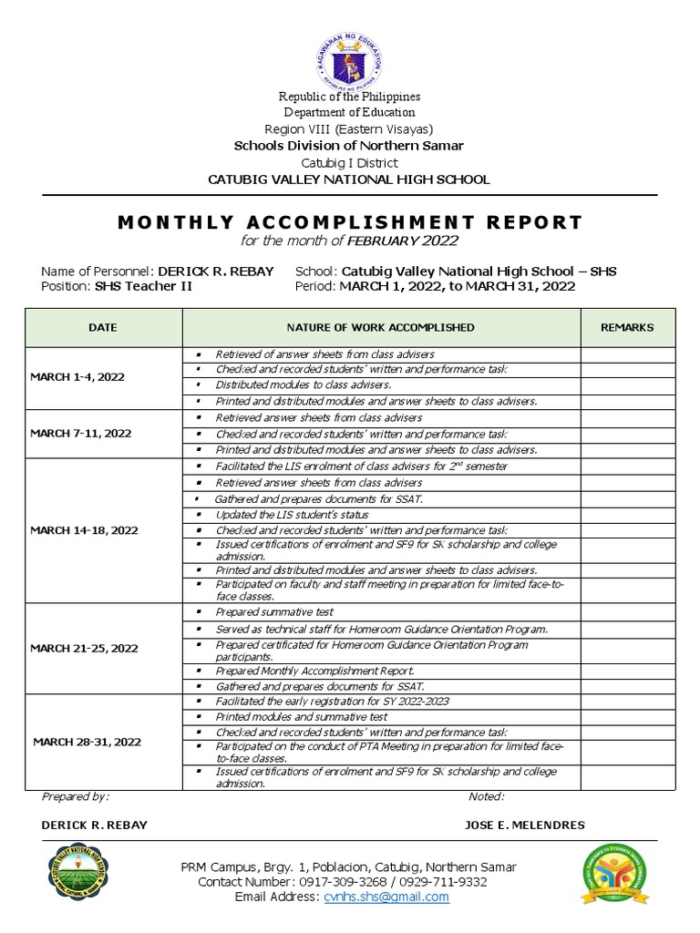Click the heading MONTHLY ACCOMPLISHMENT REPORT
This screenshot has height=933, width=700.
[349, 222]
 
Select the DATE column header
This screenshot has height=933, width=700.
[103, 327]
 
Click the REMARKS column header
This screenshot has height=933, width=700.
[627, 327]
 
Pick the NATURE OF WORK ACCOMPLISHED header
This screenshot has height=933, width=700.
[381, 327]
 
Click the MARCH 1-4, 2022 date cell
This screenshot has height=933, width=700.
[77, 376]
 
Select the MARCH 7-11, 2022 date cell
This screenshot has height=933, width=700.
[80, 433]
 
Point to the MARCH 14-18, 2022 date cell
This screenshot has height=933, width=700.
[84, 529]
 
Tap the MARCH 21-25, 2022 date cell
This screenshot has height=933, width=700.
[84, 648]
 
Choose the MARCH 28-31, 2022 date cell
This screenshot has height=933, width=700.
[87, 742]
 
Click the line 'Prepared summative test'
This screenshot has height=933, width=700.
[263, 611]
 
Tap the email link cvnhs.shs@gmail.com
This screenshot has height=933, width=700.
[386, 897]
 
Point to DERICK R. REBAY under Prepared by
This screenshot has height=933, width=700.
[94, 825]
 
